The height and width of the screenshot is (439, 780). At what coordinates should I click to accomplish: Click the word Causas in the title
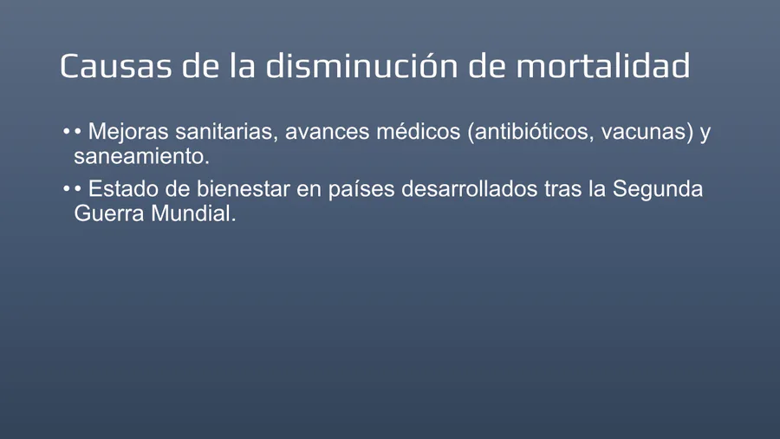pyautogui.click(x=115, y=66)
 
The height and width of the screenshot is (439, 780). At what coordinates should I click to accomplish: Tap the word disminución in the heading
pyautogui.click(x=361, y=65)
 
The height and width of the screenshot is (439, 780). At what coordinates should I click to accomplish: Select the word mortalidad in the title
pyautogui.click(x=603, y=65)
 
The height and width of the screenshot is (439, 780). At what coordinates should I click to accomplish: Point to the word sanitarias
pyautogui.click(x=226, y=131)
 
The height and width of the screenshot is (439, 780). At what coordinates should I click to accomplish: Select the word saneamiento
pyautogui.click(x=142, y=156)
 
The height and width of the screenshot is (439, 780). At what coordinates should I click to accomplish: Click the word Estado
pyautogui.click(x=123, y=189)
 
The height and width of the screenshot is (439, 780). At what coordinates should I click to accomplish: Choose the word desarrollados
pyautogui.click(x=469, y=189)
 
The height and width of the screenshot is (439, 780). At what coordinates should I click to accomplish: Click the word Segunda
pyautogui.click(x=658, y=189)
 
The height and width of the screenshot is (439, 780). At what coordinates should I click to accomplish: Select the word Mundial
pyautogui.click(x=193, y=213)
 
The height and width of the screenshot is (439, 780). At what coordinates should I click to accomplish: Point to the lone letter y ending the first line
pyautogui.click(x=705, y=134)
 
